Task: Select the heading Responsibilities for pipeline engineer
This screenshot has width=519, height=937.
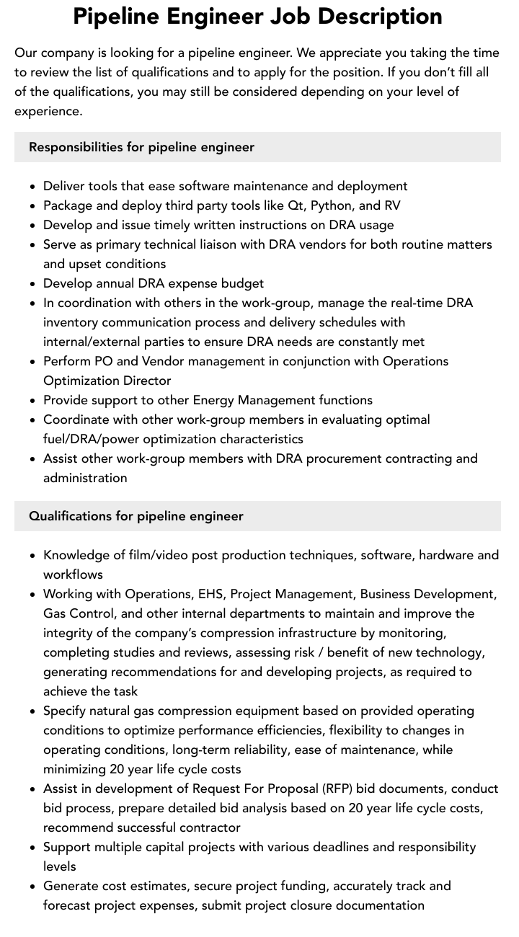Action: coord(141,147)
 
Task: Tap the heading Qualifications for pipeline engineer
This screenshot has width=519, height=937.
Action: coord(136,516)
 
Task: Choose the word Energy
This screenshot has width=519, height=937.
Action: coord(213,400)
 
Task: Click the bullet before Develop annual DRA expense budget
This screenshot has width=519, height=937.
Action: coord(33,284)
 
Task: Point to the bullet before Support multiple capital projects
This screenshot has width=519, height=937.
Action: coord(33,848)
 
